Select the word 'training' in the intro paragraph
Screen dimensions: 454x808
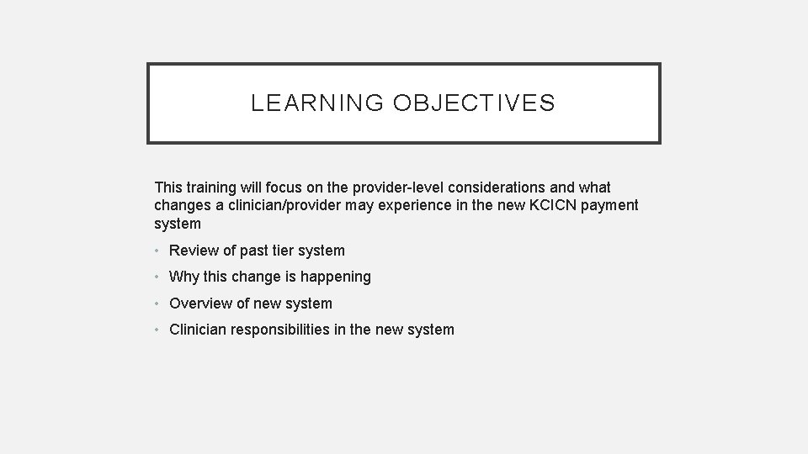click(x=213, y=187)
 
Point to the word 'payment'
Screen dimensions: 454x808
click(x=610, y=205)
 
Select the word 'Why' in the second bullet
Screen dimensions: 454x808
click(x=183, y=277)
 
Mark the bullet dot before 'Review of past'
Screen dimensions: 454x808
click(x=158, y=251)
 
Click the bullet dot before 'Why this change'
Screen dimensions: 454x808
click(x=158, y=277)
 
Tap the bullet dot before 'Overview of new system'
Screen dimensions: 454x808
click(x=158, y=304)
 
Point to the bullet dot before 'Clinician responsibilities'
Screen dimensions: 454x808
click(x=158, y=330)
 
